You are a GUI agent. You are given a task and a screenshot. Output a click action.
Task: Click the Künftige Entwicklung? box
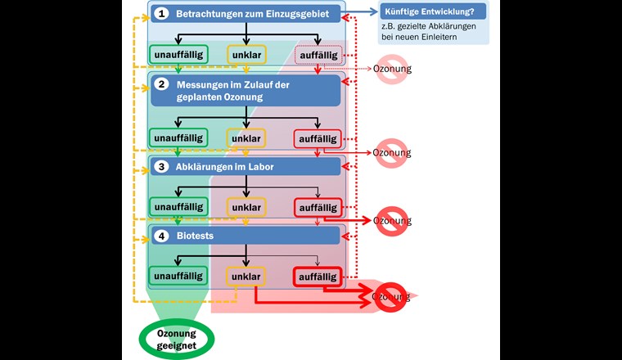click(433, 12)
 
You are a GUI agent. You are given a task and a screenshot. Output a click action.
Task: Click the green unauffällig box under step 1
click(178, 55)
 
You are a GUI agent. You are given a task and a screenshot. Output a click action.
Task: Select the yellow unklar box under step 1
click(246, 55)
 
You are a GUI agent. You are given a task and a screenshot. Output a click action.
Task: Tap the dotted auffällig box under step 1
click(318, 55)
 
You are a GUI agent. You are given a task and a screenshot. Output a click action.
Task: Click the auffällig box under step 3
click(318, 208)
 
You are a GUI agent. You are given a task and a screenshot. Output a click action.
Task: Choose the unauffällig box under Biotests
click(178, 277)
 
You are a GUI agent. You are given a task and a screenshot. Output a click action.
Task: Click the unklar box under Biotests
click(246, 277)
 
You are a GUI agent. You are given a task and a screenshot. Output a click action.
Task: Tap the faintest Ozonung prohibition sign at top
click(391, 69)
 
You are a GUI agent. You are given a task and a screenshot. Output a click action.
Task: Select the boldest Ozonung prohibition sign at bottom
click(391, 297)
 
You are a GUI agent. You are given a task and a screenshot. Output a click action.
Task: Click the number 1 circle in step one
click(162, 13)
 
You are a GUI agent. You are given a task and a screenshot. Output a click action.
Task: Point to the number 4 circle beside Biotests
click(162, 236)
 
